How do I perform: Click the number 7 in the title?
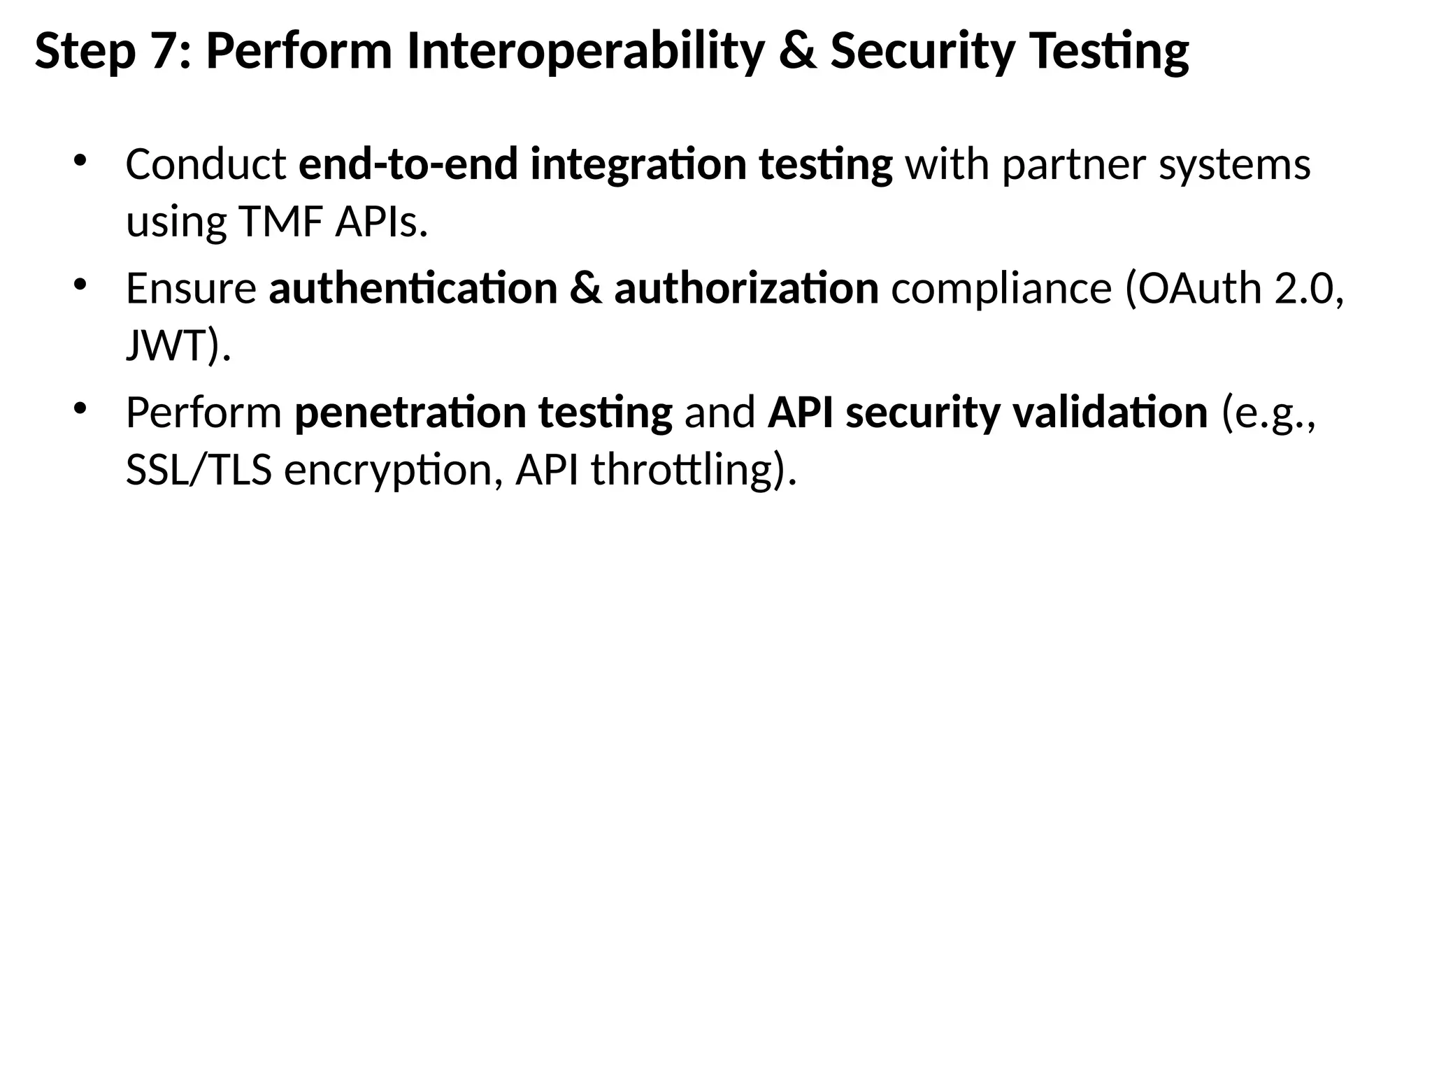[x=164, y=52]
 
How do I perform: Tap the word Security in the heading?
[x=922, y=52]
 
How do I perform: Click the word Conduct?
[x=206, y=165]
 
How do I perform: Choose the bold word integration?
[x=638, y=165]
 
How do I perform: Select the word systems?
[x=1234, y=165]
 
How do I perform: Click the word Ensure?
[x=191, y=288]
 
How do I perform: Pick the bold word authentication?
[x=413, y=288]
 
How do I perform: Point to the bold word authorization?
[x=746, y=288]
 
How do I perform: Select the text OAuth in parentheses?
[x=1199, y=288]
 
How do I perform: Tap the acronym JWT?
[x=166, y=345]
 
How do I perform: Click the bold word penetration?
[x=410, y=413]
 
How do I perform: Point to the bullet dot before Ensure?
[x=79, y=283]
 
